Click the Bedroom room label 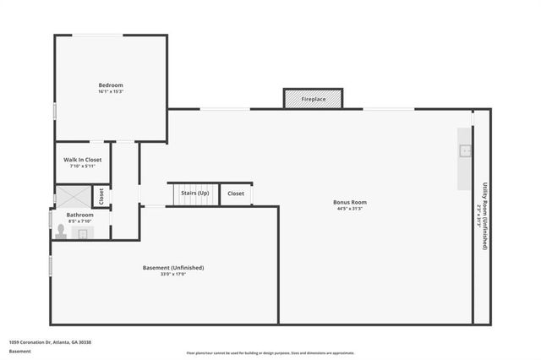point(111,85)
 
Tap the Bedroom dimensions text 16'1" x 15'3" point(111,91)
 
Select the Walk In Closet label point(83,160)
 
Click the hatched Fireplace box point(313,100)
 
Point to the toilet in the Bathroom point(60,231)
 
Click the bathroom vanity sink point(83,234)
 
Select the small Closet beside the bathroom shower point(101,197)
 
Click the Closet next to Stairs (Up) point(236,194)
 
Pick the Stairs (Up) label point(195,194)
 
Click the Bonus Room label point(350,202)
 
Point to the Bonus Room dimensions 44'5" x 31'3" point(350,208)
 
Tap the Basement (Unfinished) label point(173,268)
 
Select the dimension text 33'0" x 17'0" point(173,274)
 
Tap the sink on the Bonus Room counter point(465,151)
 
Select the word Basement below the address point(20,351)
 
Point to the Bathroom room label point(80,215)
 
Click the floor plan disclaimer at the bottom point(270,353)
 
